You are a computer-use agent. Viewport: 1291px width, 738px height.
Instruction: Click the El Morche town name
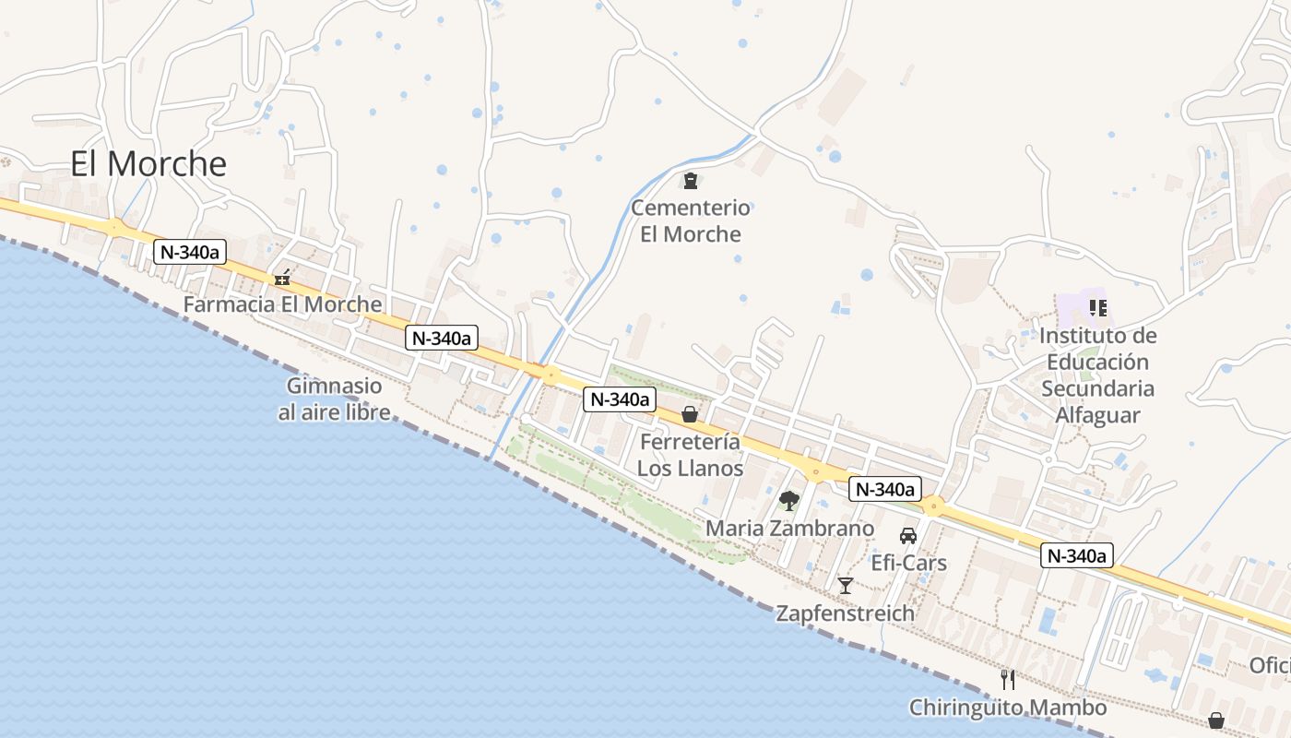click(x=148, y=164)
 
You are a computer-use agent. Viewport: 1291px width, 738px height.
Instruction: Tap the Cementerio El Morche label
click(x=691, y=220)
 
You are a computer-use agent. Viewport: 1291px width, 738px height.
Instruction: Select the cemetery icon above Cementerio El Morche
click(x=691, y=180)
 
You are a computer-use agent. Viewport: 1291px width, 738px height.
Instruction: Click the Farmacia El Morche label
click(x=282, y=304)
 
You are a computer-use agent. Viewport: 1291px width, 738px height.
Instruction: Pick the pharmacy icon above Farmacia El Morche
click(x=282, y=277)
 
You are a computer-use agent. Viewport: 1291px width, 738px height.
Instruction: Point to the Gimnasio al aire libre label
click(x=334, y=399)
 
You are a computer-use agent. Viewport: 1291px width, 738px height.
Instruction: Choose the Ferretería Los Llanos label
click(x=690, y=455)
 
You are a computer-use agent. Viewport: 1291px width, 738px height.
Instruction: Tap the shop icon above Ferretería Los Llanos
click(x=689, y=414)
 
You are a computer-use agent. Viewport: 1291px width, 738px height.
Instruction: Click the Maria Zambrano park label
click(x=789, y=529)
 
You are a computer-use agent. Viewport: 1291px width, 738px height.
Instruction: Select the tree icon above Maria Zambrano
click(x=788, y=501)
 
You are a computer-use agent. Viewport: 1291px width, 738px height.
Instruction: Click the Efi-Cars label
click(x=908, y=563)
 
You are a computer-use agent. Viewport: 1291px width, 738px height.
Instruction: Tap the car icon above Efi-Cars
click(x=908, y=535)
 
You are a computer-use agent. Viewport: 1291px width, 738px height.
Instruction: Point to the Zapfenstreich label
click(x=845, y=613)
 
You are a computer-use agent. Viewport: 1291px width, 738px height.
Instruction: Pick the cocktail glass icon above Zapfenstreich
click(x=845, y=585)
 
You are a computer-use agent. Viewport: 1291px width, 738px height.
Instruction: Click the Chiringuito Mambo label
click(x=1008, y=708)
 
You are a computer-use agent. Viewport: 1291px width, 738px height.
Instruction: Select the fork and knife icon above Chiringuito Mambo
click(x=1008, y=680)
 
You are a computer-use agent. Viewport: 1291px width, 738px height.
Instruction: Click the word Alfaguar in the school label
click(x=1097, y=415)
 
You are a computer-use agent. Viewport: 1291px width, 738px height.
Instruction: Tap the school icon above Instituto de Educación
click(x=1097, y=308)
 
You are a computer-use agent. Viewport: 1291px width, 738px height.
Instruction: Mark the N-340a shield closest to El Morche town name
click(x=190, y=252)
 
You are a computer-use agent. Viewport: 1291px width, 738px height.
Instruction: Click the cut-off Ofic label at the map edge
click(x=1270, y=665)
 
